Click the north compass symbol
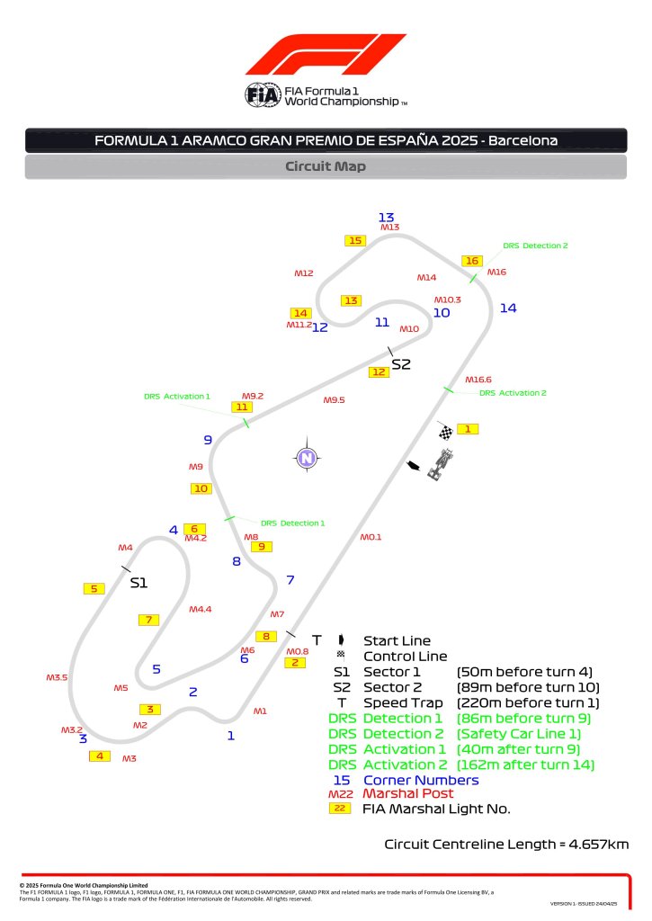click(x=307, y=458)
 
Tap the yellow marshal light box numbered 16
click(x=472, y=261)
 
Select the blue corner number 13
click(x=387, y=218)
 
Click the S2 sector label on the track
click(x=401, y=364)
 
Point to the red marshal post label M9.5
click(x=335, y=399)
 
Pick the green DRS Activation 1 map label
click(x=176, y=396)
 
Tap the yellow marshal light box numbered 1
click(x=468, y=429)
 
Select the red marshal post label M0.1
click(x=371, y=537)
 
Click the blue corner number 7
click(x=290, y=580)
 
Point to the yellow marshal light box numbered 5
click(x=94, y=588)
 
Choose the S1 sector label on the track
click(x=138, y=583)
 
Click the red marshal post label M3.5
click(x=57, y=677)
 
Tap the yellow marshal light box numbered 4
click(x=99, y=756)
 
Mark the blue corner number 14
click(x=508, y=308)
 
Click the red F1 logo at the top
click(x=326, y=55)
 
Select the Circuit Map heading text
click(x=326, y=166)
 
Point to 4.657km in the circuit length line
click(x=592, y=844)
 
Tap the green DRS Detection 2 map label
click(x=535, y=246)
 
